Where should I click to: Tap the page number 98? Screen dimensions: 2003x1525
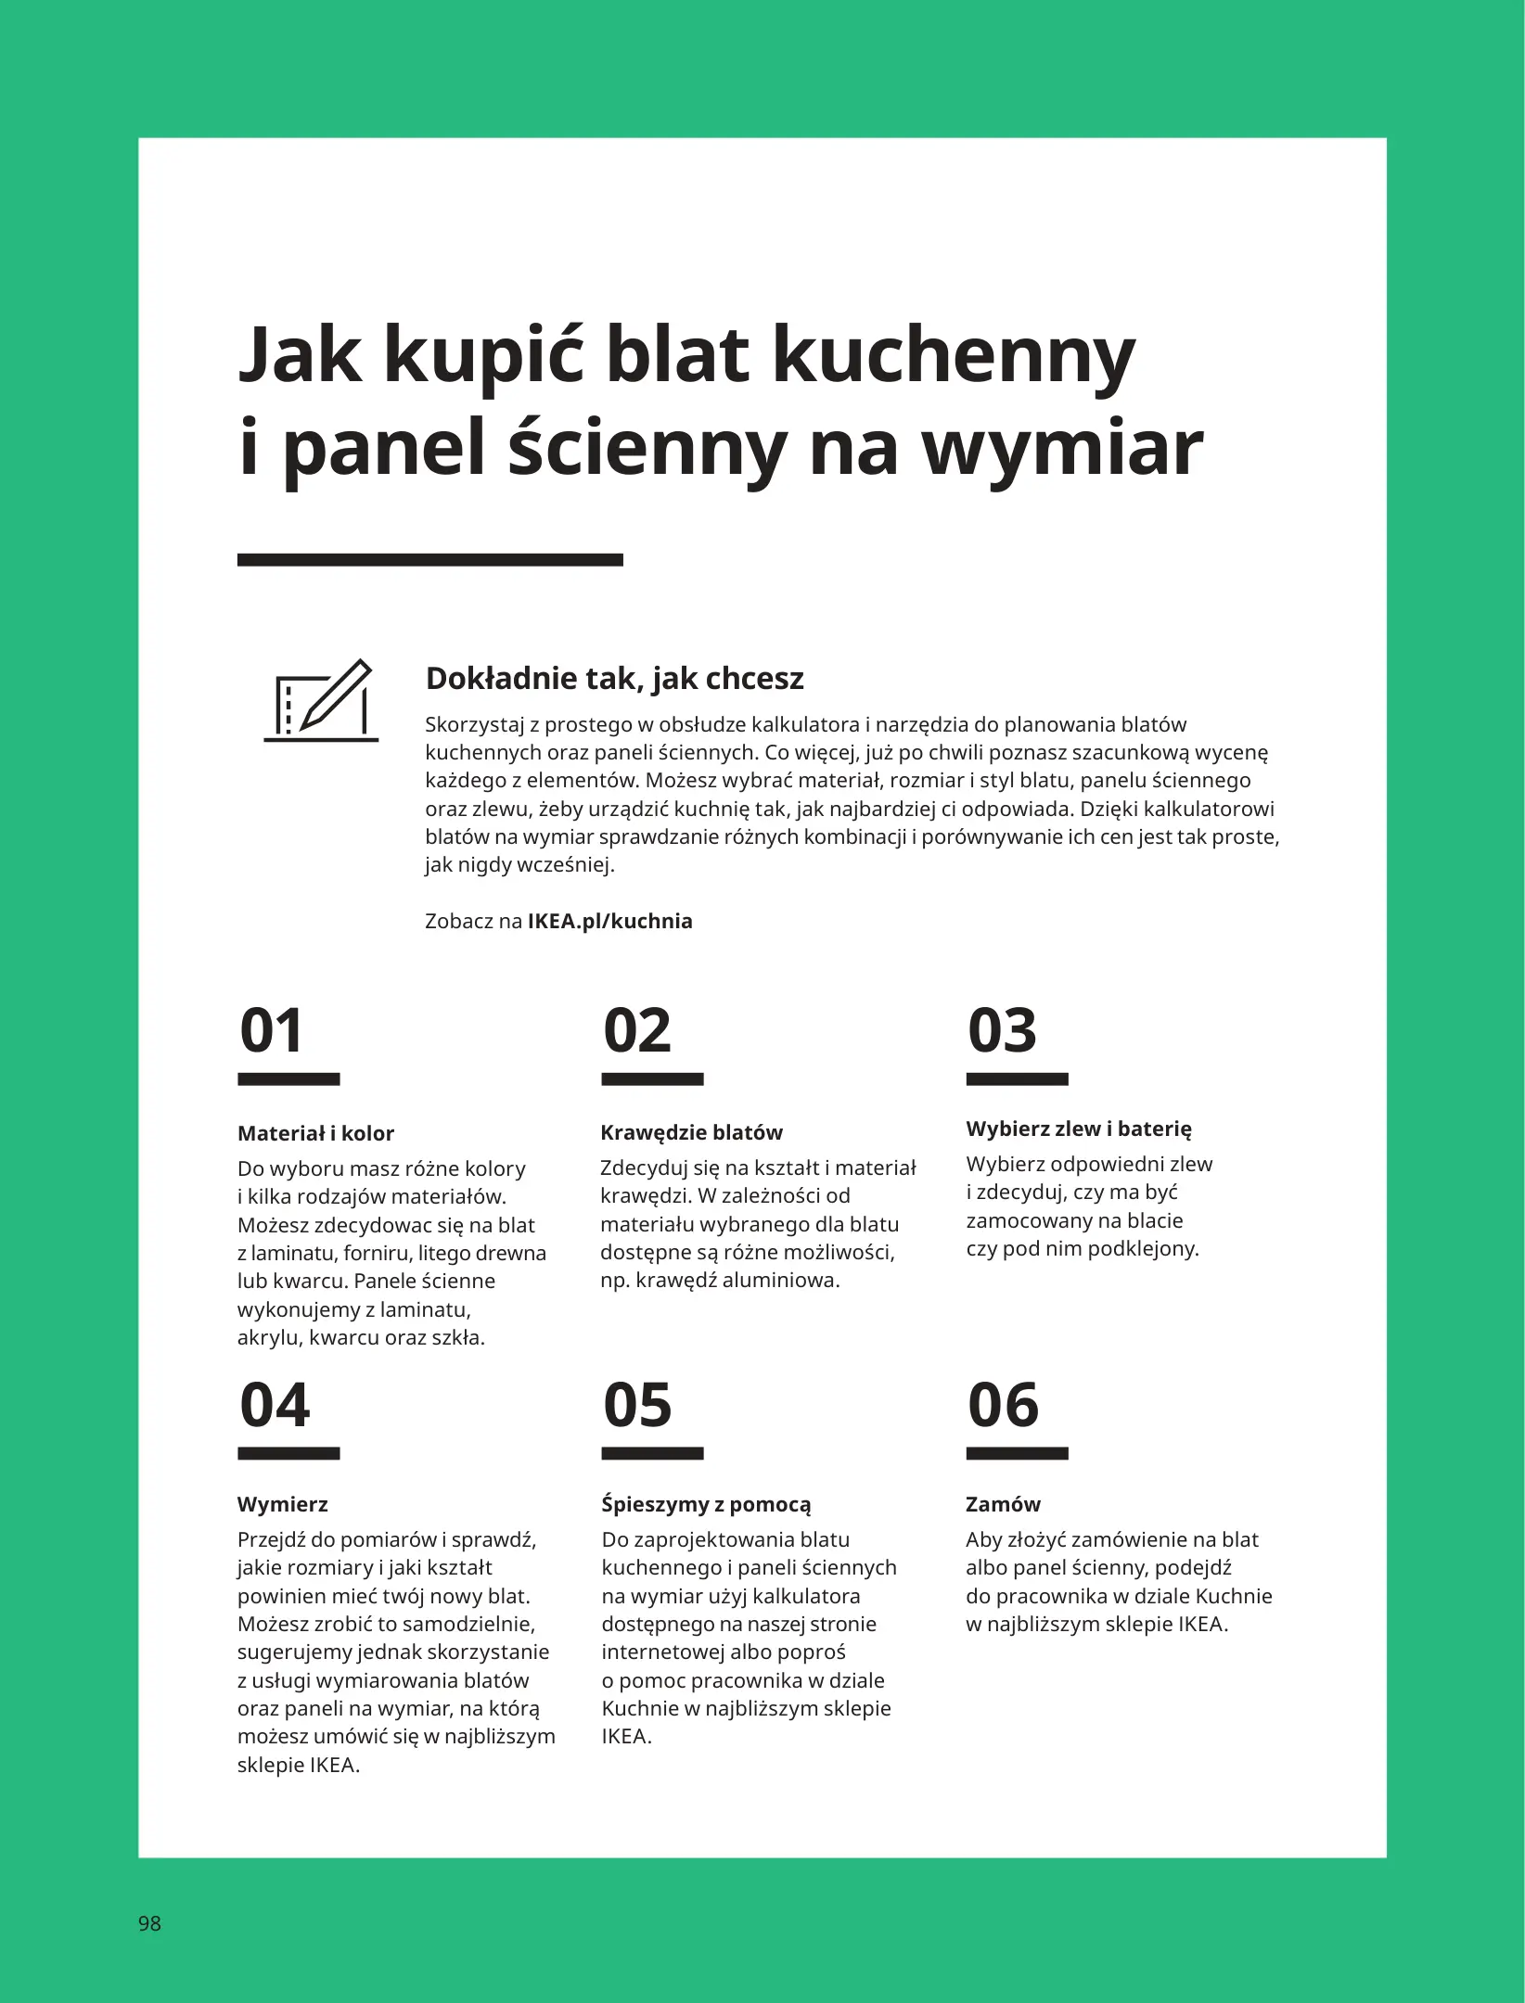pos(149,1923)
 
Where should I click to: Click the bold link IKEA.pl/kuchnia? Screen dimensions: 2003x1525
pos(609,922)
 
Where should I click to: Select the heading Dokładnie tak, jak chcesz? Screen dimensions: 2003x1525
pos(614,679)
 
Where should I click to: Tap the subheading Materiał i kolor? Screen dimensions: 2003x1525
pos(315,1133)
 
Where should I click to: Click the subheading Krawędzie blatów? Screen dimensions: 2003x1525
pos(691,1132)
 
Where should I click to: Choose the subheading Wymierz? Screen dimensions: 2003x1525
pos(283,1504)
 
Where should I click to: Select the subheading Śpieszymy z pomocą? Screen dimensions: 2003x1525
pos(706,1504)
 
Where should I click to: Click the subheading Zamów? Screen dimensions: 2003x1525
pos(1003,1504)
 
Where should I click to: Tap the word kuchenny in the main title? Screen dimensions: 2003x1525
pos(953,357)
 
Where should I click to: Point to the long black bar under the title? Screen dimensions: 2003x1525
pos(429,559)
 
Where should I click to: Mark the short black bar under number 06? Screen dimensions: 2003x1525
pos(1017,1453)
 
